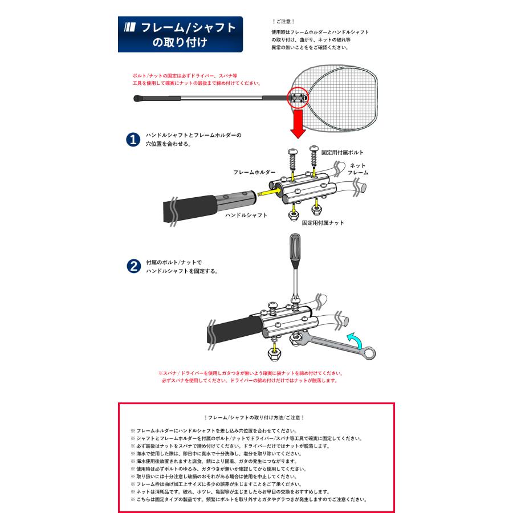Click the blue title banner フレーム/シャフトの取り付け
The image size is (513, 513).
pos(180,34)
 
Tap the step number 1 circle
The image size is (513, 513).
pos(132,140)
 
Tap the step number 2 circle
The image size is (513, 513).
pos(132,267)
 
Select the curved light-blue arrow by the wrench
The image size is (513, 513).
pos(356,340)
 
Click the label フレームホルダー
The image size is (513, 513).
pos(254,172)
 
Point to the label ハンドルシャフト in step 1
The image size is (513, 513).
pos(246,216)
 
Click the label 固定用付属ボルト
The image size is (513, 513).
pos(342,153)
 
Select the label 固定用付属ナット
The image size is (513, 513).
pos(323,223)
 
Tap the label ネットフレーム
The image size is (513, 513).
pos(357,169)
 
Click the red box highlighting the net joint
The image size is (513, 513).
pos(298,98)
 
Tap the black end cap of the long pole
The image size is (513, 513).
pos(139,100)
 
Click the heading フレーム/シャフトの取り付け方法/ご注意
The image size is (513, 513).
pos(256,418)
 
